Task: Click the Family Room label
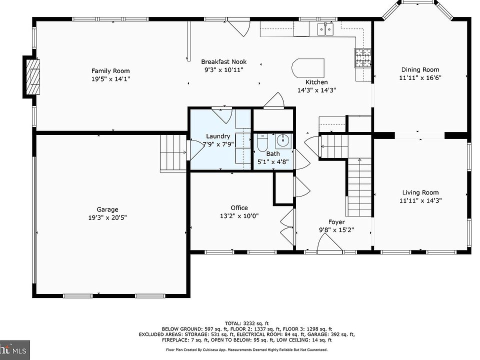pyautogui.click(x=110, y=71)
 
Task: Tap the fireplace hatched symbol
pyautogui.click(x=33, y=76)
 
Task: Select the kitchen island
pyautogui.click(x=307, y=68)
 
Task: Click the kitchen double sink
pyautogui.click(x=325, y=29)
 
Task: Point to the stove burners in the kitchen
pyautogui.click(x=363, y=58)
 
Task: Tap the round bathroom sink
pyautogui.click(x=283, y=141)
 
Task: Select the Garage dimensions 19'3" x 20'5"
pyautogui.click(x=107, y=217)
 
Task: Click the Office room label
pyautogui.click(x=239, y=208)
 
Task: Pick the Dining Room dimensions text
pyautogui.click(x=420, y=78)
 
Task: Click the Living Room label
pyautogui.click(x=420, y=192)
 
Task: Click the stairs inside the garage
pyautogui.click(x=173, y=153)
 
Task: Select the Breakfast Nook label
pyautogui.click(x=224, y=62)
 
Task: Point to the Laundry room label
pyautogui.click(x=218, y=136)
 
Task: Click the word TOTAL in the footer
pyautogui.click(x=233, y=323)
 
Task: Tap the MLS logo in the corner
pyautogui.click(x=13, y=350)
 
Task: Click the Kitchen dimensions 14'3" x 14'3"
pyautogui.click(x=316, y=90)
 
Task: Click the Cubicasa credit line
pyautogui.click(x=246, y=349)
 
